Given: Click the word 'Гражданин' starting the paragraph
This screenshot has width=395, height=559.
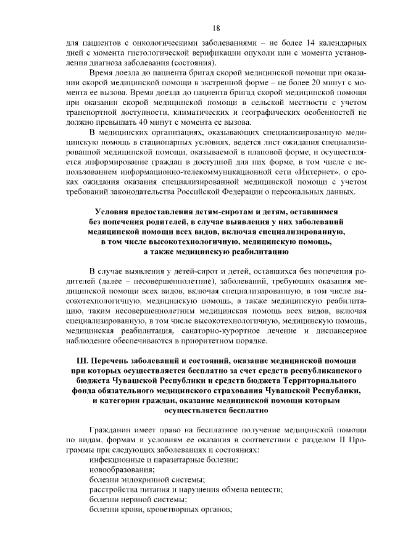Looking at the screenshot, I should (x=111, y=429).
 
